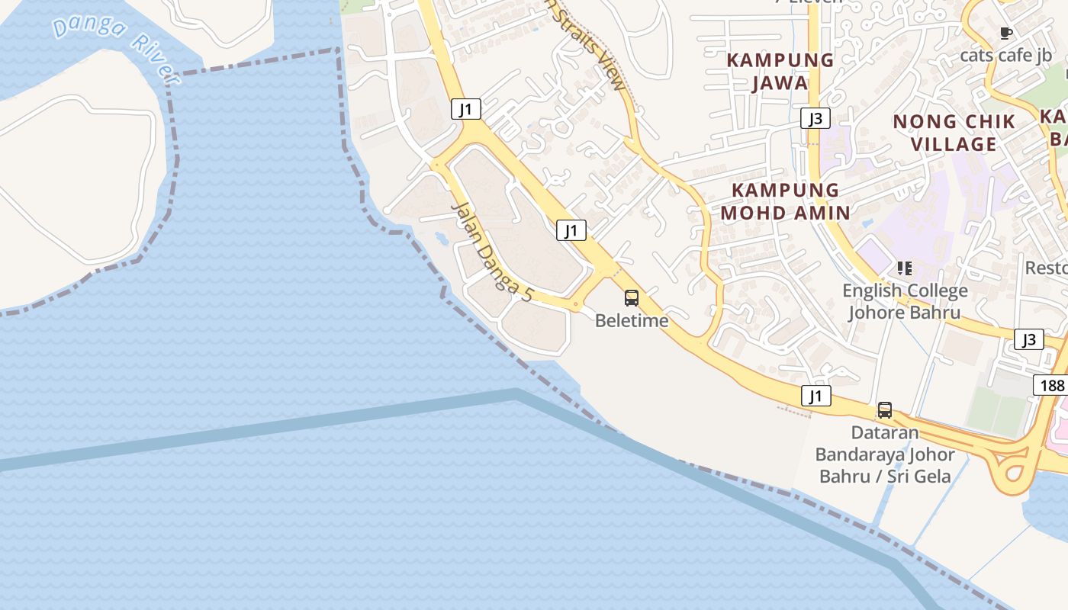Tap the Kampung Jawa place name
tap(780, 71)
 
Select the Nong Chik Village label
tap(954, 132)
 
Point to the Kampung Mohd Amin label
tap(785, 201)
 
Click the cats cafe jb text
tap(1005, 55)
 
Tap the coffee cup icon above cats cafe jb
tap(1005, 33)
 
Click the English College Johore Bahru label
tap(905, 301)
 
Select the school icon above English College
tap(905, 268)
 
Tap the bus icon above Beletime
tap(632, 298)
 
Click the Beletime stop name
tap(632, 320)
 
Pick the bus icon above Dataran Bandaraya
tap(885, 410)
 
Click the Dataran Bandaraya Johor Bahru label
tap(885, 454)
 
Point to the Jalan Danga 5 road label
tap(491, 252)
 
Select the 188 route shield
tap(1051, 385)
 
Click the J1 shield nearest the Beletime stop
tap(571, 230)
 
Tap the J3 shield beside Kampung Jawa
tap(815, 118)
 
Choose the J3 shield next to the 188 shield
tap(1029, 339)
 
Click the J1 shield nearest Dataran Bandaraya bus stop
tap(816, 396)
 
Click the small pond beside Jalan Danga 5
tap(442, 239)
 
